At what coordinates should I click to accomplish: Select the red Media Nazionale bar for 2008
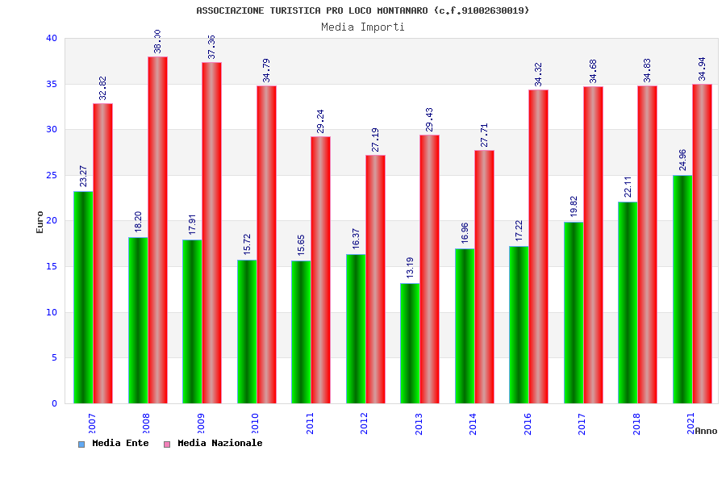click(x=157, y=230)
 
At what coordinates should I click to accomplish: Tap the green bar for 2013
click(x=410, y=343)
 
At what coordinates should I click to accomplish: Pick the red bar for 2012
click(x=375, y=279)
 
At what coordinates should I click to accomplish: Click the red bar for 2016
click(x=538, y=246)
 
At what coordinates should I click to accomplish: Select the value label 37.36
click(x=211, y=47)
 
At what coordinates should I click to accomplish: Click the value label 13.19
click(x=409, y=265)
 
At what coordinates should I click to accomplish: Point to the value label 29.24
click(x=320, y=121)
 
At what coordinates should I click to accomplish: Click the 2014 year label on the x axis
click(x=473, y=423)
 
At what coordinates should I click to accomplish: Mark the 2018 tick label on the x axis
click(x=636, y=423)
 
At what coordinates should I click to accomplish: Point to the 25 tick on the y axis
click(x=52, y=175)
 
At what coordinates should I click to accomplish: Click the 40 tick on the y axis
click(x=52, y=38)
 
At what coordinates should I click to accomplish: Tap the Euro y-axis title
click(x=40, y=222)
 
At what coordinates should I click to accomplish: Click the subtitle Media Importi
click(x=363, y=27)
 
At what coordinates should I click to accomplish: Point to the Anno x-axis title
click(x=706, y=431)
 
